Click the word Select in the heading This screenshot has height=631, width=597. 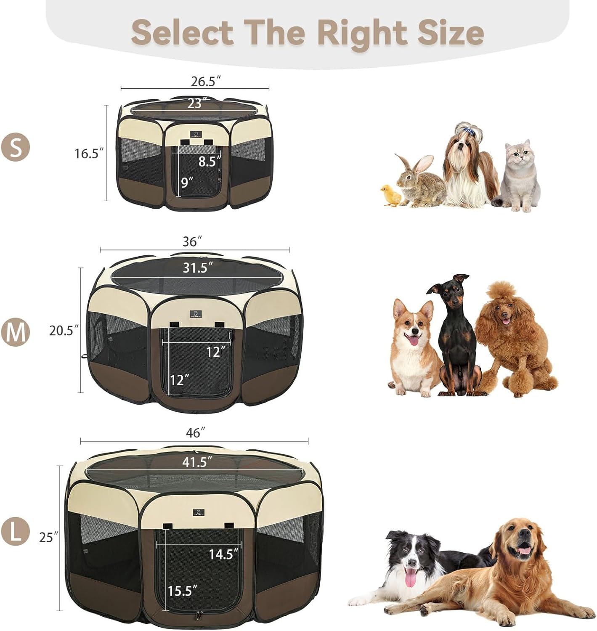(x=182, y=32)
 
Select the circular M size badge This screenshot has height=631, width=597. (x=16, y=332)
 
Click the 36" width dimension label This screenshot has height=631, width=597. (x=193, y=242)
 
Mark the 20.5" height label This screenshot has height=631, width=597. (x=64, y=331)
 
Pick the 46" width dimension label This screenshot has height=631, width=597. (x=196, y=433)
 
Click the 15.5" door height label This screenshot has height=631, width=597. (x=182, y=591)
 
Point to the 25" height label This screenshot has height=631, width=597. (x=48, y=537)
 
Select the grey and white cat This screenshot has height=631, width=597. (x=518, y=175)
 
